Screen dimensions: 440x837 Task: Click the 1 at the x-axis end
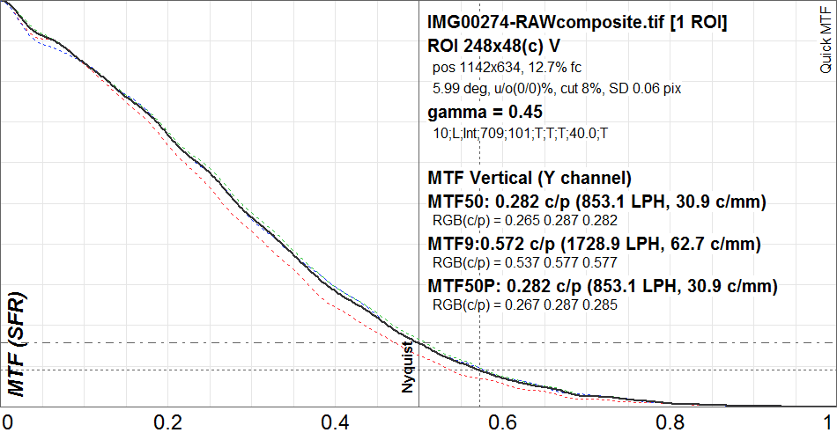(826, 422)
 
